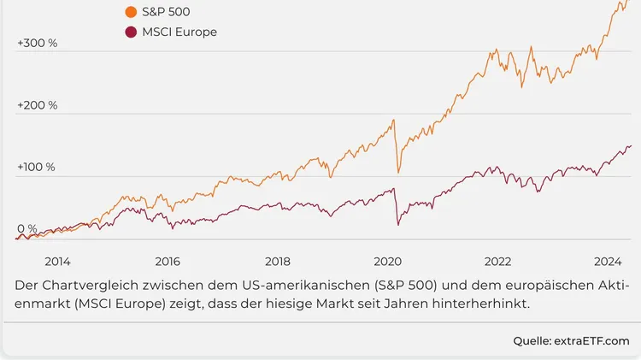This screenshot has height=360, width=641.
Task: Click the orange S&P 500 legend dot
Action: (x=130, y=12)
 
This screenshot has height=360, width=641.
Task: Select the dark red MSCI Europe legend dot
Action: (x=130, y=32)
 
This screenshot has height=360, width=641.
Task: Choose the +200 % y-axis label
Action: (x=37, y=105)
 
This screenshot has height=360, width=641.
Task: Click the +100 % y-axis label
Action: (x=36, y=167)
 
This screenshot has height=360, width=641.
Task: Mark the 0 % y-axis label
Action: (x=27, y=229)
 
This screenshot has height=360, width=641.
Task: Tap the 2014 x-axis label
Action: (x=57, y=261)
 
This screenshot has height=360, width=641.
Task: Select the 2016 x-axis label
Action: (x=168, y=261)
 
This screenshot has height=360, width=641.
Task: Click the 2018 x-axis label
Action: (x=278, y=261)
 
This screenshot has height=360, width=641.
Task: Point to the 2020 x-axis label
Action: (x=388, y=261)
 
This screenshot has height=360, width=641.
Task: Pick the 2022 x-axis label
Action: (x=498, y=261)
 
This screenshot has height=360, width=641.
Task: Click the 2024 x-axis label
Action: (x=608, y=261)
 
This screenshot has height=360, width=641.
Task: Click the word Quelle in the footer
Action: (x=532, y=341)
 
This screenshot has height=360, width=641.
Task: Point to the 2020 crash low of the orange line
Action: (x=398, y=171)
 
